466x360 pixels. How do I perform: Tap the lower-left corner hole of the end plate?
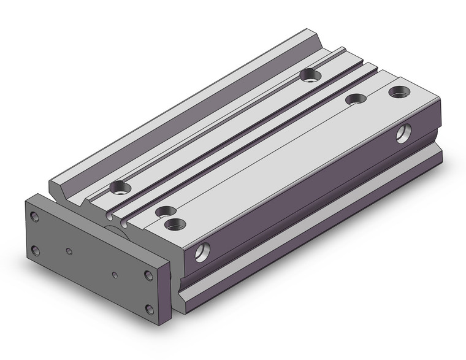pos(36,250)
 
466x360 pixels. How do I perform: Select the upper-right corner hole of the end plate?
pos(148,275)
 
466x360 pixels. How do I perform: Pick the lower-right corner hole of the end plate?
pos(148,308)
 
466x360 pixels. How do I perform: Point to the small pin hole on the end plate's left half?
pos(69,251)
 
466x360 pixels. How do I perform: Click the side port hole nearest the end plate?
pos(201,251)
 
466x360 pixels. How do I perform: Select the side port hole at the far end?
pos(403,132)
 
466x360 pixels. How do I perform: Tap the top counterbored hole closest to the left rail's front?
pos(118,186)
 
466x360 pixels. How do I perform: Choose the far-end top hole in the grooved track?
pos(311,75)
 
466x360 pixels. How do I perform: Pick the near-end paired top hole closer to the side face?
pos(176,224)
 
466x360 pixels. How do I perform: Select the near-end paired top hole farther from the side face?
pos(163,212)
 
